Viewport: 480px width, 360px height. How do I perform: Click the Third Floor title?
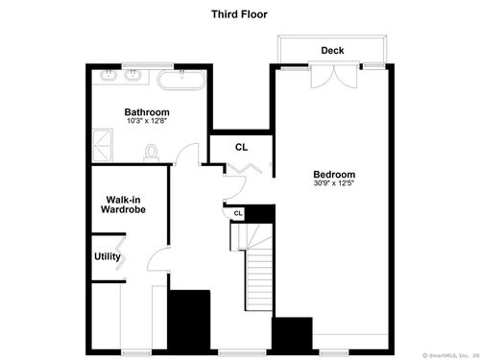click(239, 14)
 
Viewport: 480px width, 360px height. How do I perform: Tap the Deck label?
click(332, 50)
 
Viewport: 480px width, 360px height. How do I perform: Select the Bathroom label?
click(147, 112)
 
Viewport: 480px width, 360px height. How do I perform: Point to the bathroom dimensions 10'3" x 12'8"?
click(147, 121)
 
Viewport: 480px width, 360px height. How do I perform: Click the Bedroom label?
click(334, 175)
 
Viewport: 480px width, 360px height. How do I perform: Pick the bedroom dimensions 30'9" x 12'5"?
click(334, 183)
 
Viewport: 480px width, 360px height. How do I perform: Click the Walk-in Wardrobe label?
click(123, 204)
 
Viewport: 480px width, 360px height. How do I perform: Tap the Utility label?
click(108, 256)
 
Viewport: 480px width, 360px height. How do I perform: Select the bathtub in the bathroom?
click(181, 80)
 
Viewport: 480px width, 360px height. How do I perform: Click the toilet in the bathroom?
click(152, 153)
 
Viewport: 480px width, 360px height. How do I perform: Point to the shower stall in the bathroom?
click(103, 145)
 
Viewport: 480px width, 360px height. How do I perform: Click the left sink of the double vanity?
click(108, 76)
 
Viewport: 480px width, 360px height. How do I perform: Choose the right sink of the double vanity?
click(133, 76)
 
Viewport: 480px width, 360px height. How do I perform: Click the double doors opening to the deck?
click(334, 76)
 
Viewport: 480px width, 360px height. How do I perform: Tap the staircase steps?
click(259, 280)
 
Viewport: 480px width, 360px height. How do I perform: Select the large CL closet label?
click(241, 147)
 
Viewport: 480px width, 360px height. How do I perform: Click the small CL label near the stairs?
click(238, 213)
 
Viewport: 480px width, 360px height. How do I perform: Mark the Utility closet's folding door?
click(121, 252)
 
